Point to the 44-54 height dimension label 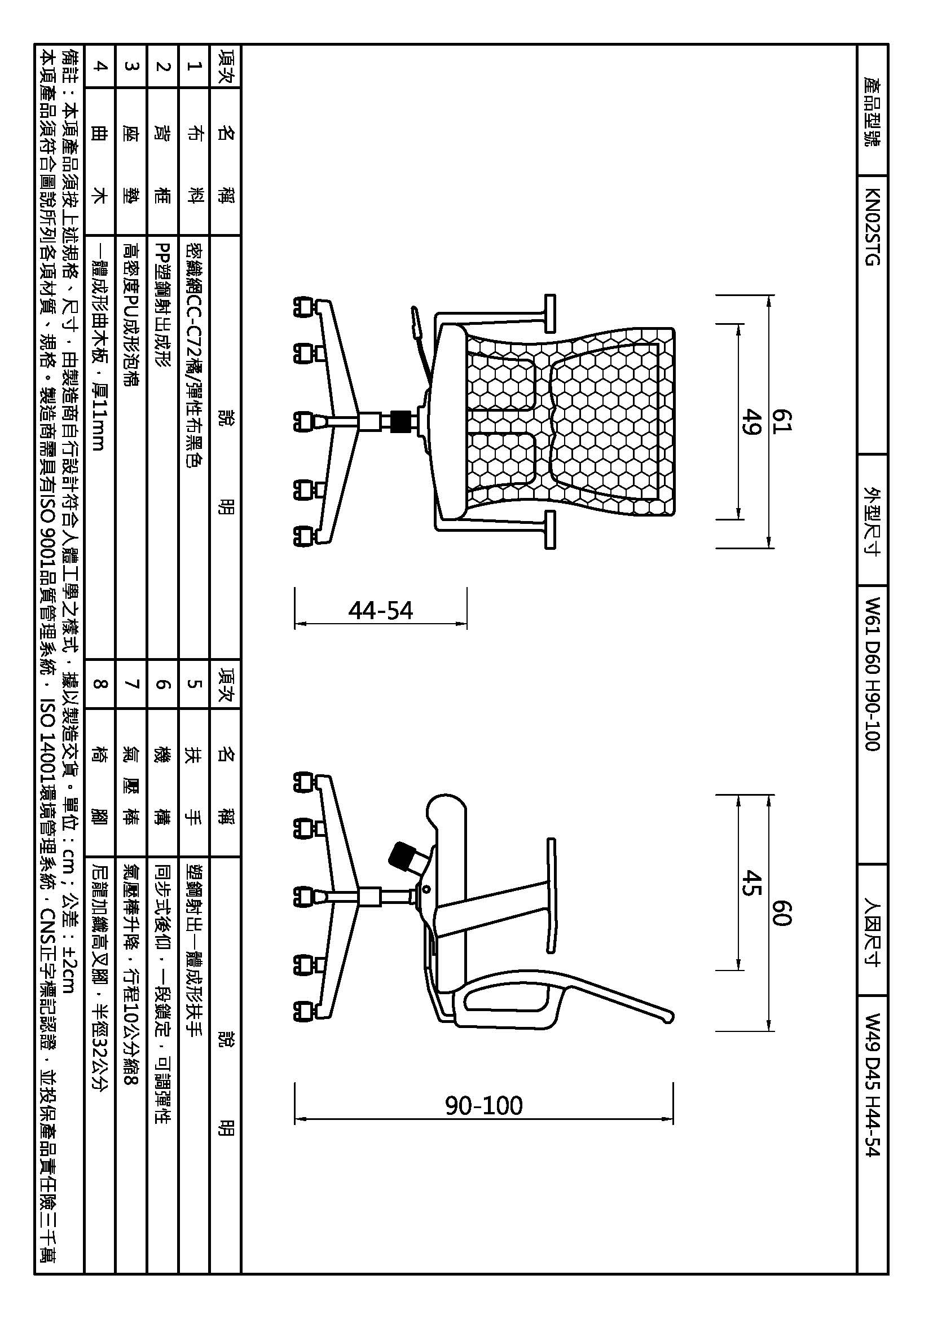pyautogui.click(x=380, y=610)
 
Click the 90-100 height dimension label pyautogui.click(x=484, y=1105)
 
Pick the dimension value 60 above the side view pyautogui.click(x=780, y=913)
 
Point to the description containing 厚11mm pyautogui.click(x=99, y=345)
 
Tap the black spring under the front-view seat pyautogui.click(x=401, y=421)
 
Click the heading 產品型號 pyautogui.click(x=872, y=112)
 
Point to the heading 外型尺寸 pyautogui.click(x=872, y=520)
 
